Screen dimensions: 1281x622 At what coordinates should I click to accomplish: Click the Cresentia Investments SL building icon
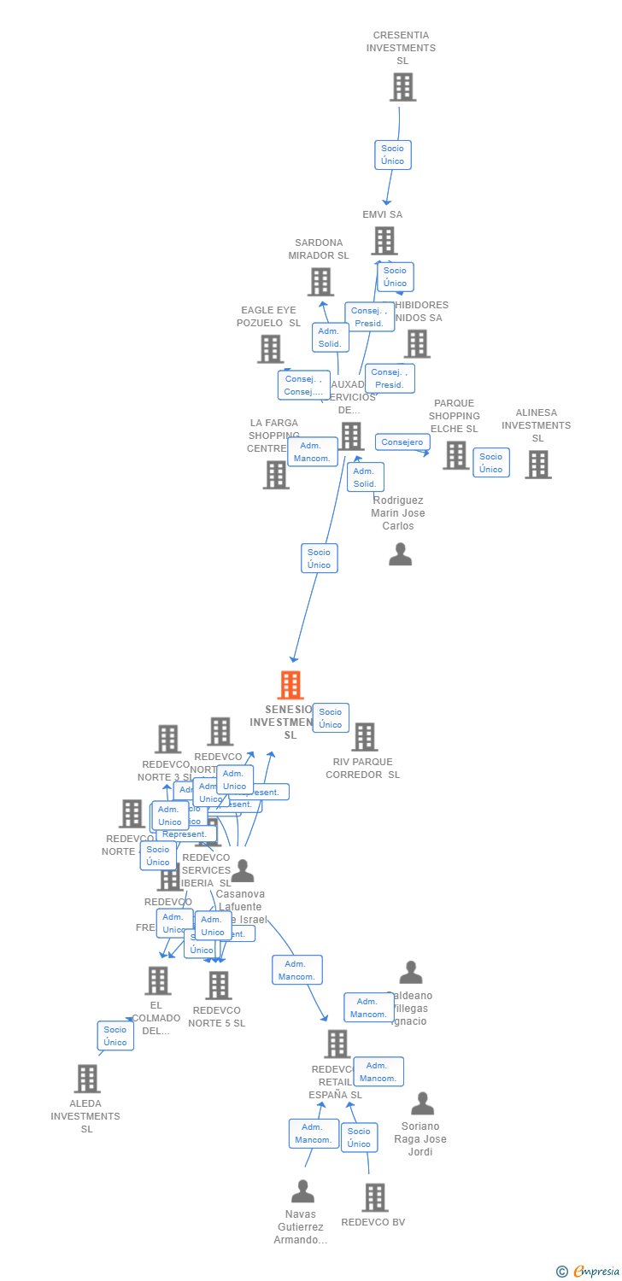pyautogui.click(x=402, y=87)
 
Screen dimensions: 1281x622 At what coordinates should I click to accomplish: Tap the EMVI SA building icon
pyautogui.click(x=384, y=241)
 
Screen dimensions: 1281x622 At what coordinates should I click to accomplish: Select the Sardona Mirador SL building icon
pyautogui.click(x=320, y=282)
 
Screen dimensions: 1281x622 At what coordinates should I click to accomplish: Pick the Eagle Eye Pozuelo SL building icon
pyautogui.click(x=270, y=348)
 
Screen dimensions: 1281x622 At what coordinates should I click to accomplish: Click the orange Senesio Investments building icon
pyautogui.click(x=290, y=685)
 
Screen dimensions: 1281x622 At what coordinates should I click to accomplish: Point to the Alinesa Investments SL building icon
pyautogui.click(x=537, y=465)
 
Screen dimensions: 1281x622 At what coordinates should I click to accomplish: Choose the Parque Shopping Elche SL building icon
pyautogui.click(x=455, y=455)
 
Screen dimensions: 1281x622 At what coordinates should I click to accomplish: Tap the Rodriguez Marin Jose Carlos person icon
pyautogui.click(x=400, y=554)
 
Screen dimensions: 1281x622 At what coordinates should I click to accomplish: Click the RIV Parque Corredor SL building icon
pyautogui.click(x=364, y=737)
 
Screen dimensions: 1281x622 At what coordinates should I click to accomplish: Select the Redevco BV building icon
pyautogui.click(x=374, y=1197)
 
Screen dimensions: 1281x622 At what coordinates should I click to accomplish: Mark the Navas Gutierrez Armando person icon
pyautogui.click(x=302, y=1191)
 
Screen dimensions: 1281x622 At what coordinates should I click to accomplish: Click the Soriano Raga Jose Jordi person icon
pyautogui.click(x=422, y=1103)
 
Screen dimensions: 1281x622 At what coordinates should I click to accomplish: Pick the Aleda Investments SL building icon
pyautogui.click(x=86, y=1079)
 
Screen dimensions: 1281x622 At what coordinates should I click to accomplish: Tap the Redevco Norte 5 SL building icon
pyautogui.click(x=218, y=986)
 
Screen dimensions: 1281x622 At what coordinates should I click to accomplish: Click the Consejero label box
pyautogui.click(x=402, y=442)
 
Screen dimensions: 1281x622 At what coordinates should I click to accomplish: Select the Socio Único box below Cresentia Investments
pyautogui.click(x=393, y=155)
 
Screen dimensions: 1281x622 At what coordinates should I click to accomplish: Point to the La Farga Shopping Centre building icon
pyautogui.click(x=276, y=475)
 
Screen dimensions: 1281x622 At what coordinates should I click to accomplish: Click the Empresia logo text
pyautogui.click(x=596, y=1272)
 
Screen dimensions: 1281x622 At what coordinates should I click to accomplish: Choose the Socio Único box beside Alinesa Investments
pyautogui.click(x=491, y=462)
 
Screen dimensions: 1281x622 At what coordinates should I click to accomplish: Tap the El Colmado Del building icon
pyautogui.click(x=157, y=980)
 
